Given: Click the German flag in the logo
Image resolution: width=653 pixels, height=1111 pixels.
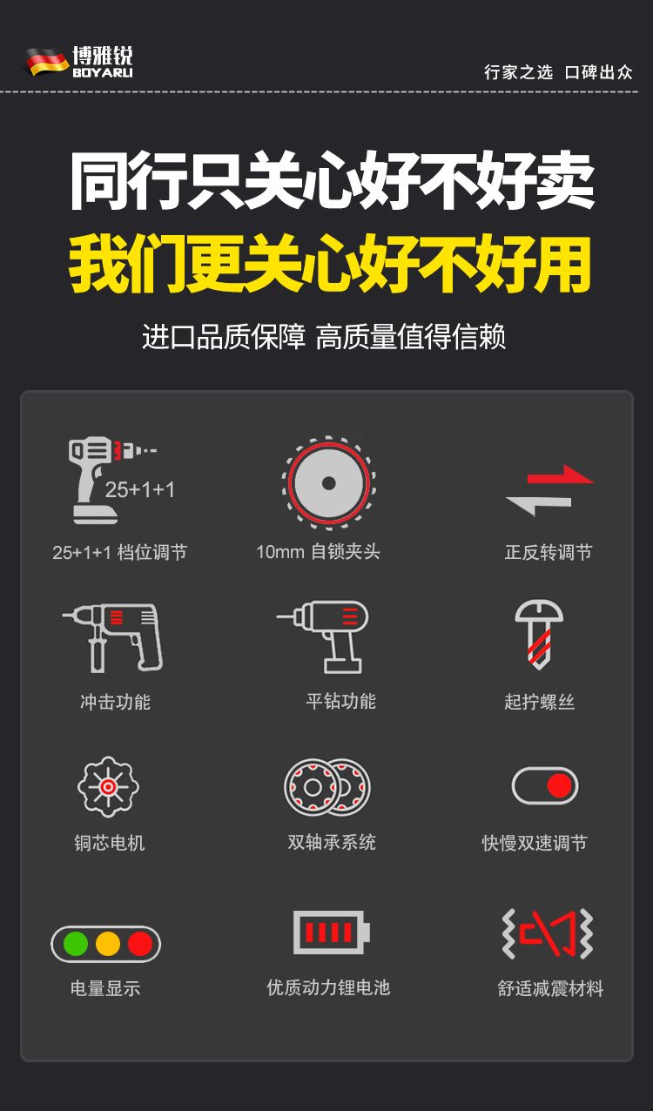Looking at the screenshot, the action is point(47,62).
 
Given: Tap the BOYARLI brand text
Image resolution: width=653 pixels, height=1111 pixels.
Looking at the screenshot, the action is point(103,72).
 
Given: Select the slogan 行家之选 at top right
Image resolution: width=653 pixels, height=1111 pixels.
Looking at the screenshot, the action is point(518,72).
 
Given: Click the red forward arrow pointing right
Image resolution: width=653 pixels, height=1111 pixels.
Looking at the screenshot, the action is point(561,475).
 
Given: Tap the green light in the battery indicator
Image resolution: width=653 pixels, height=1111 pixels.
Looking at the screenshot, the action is point(76,943).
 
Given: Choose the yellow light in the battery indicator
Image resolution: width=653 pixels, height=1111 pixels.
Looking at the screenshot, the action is point(108,943).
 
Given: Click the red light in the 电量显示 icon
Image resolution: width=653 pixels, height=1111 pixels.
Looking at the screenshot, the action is point(140,943).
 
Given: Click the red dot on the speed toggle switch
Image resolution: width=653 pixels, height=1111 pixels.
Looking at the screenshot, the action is point(560,785).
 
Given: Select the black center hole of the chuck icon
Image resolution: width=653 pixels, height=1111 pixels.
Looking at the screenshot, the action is point(329,482).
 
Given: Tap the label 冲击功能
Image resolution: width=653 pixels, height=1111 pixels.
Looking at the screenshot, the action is point(115,702).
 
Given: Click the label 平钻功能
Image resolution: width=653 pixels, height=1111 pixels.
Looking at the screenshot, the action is point(341,701).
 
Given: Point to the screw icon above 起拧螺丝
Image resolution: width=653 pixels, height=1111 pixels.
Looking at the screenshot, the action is point(538,635).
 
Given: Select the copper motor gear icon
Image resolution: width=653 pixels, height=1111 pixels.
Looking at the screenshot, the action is point(108,786).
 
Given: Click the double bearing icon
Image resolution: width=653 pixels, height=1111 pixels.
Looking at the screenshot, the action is point(327,787).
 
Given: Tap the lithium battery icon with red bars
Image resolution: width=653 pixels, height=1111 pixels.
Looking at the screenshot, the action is point(331,932).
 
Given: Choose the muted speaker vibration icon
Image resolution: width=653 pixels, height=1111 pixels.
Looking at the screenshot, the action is point(548,933).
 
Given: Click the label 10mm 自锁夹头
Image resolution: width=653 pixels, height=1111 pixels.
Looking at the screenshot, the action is point(318,551).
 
